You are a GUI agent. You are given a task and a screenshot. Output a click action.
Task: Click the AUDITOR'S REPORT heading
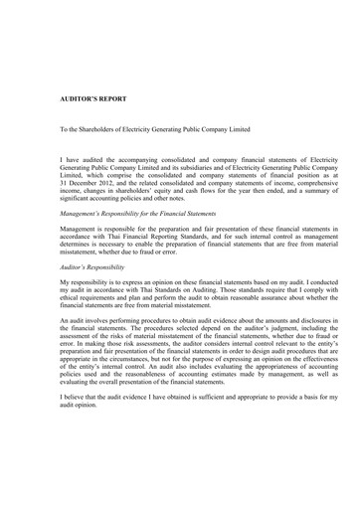coord(90,101)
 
